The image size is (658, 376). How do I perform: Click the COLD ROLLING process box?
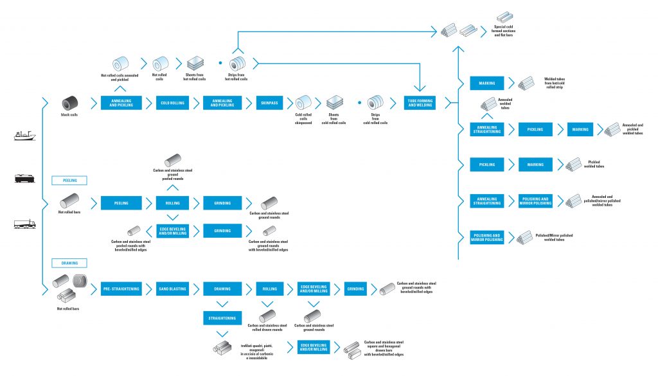click(172, 103)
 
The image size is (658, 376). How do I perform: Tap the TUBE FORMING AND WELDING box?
click(420, 103)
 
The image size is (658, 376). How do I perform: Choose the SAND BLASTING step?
click(172, 289)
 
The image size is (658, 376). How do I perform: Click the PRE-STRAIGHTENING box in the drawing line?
click(120, 289)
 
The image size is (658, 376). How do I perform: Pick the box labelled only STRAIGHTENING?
click(222, 318)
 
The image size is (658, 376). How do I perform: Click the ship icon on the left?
click(24, 135)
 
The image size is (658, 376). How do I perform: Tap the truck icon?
click(24, 224)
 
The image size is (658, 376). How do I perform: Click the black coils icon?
click(69, 103)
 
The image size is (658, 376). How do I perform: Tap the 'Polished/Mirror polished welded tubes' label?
click(554, 237)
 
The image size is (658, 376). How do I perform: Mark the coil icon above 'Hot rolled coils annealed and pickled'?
click(120, 64)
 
